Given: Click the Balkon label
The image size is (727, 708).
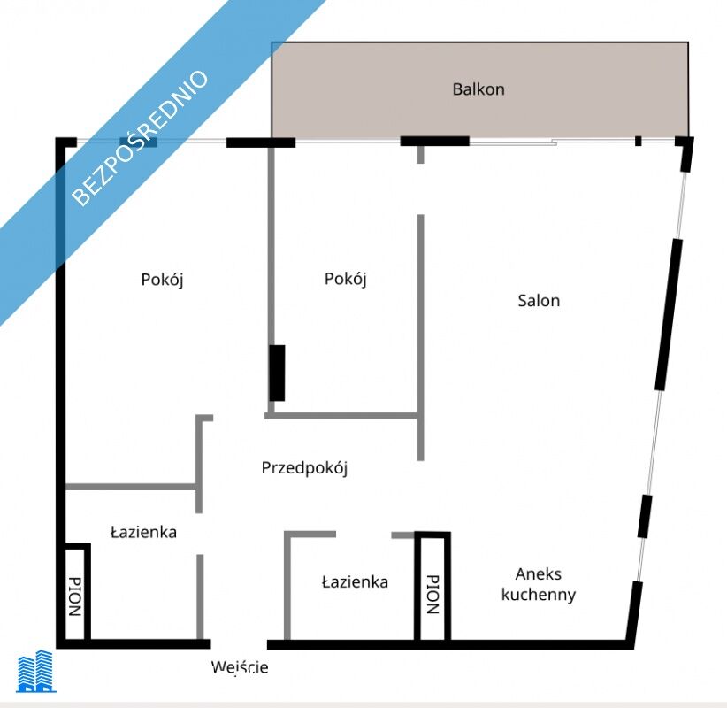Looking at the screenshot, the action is [478, 89].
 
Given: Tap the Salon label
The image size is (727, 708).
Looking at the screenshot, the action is [539, 301].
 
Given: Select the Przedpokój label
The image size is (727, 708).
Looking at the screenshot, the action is [304, 467].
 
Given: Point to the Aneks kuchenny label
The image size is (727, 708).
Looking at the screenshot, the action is [539, 584].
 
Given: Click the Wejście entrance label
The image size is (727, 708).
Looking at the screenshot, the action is [240, 667].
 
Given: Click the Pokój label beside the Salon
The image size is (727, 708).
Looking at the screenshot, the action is [346, 279].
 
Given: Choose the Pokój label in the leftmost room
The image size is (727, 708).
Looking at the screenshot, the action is [162, 280].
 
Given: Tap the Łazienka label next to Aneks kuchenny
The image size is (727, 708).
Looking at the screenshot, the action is [356, 581].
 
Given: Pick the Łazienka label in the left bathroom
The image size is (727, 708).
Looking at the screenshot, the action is [144, 532].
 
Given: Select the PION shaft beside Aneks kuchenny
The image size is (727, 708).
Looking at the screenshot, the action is [432, 589].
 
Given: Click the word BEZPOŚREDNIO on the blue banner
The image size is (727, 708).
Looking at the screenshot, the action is [140, 137].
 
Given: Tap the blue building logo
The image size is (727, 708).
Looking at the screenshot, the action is [36, 671].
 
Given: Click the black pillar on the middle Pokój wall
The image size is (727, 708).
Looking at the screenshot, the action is [277, 373].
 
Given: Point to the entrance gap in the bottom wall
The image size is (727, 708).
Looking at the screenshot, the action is [240, 644].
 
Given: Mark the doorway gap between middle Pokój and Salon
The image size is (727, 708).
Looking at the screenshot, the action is [420, 189].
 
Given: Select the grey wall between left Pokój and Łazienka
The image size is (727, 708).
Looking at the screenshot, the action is [131, 487].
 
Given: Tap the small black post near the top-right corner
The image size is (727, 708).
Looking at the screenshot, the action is [639, 141].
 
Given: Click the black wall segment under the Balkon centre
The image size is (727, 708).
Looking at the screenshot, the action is [435, 141].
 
